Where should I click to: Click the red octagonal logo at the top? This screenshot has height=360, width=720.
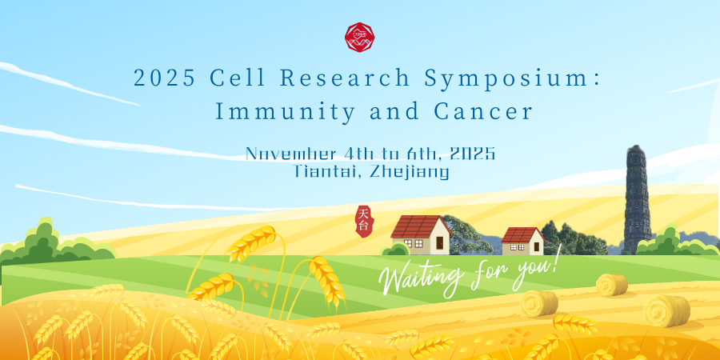(x=359, y=37)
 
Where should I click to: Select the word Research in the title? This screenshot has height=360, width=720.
(x=345, y=78)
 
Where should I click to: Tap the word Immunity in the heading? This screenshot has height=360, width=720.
(x=285, y=112)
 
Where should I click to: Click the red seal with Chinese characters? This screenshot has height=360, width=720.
(x=364, y=222)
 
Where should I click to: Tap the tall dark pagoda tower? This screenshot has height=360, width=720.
(x=637, y=200)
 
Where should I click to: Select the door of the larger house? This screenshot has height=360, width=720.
(x=439, y=243)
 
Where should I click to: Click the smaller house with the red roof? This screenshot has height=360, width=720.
(x=523, y=242)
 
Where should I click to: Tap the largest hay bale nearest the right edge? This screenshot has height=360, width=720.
(x=666, y=311)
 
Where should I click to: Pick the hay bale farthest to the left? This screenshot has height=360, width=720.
(x=538, y=303)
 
